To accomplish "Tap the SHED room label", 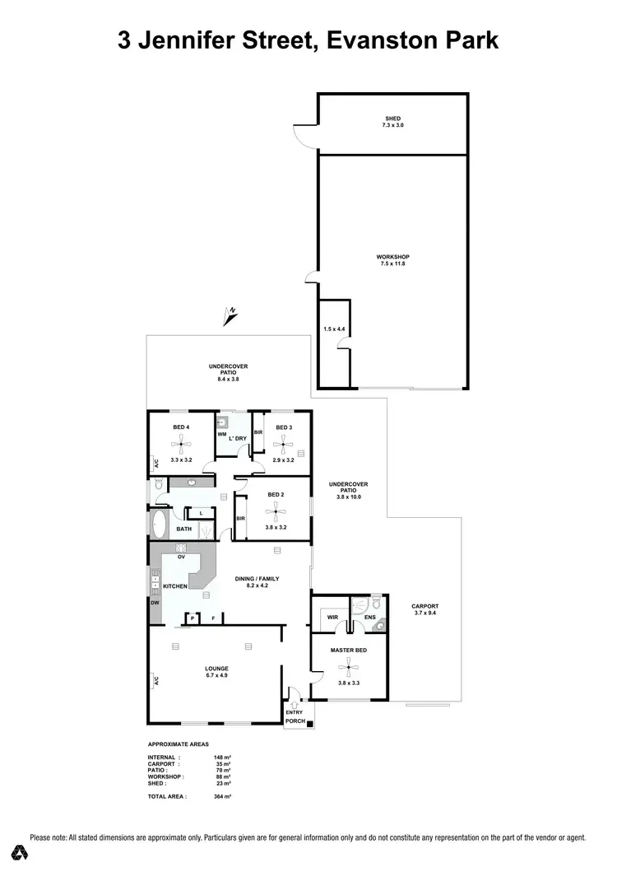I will click(x=393, y=119).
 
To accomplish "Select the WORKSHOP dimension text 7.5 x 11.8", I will click(x=392, y=264).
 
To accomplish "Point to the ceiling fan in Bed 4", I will click(x=182, y=446).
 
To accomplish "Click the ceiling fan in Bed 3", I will click(x=284, y=446).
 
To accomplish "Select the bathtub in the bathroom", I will click(x=159, y=525).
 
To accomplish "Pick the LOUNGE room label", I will click(x=217, y=668).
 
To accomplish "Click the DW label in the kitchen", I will click(x=155, y=602).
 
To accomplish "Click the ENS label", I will click(x=370, y=616).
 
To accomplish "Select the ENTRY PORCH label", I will click(x=295, y=717).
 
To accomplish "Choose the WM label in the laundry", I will click(x=221, y=433).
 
